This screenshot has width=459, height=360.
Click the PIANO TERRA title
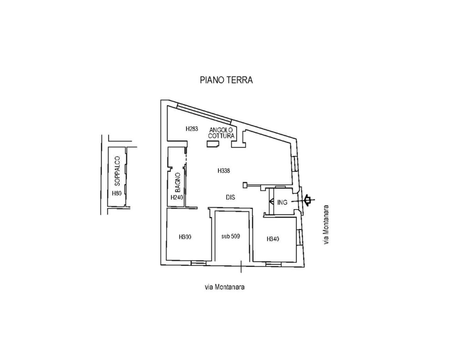[x=226, y=80]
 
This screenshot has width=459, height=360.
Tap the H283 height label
[x=192, y=129]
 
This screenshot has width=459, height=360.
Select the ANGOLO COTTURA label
[x=221, y=133]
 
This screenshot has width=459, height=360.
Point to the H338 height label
[x=224, y=171]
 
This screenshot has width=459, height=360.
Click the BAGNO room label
[x=178, y=182]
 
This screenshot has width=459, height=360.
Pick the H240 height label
[x=177, y=197]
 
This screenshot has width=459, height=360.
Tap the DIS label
[x=230, y=197]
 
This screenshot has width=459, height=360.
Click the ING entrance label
[x=282, y=203]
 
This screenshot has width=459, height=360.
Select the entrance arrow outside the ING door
[x=308, y=200]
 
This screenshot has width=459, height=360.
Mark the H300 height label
[x=185, y=237]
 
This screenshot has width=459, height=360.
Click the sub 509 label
[x=231, y=236]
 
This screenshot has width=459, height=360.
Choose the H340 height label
[x=273, y=239]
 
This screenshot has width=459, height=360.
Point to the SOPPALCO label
[x=118, y=171]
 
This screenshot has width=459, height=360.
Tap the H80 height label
[x=116, y=193]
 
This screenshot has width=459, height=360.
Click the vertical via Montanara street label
[x=326, y=224]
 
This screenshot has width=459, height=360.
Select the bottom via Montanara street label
[x=225, y=287]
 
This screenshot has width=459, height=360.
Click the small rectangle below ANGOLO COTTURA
[x=213, y=144]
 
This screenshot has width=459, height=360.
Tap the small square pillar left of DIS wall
[x=245, y=185]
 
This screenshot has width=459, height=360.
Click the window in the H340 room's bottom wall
[x=274, y=264]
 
